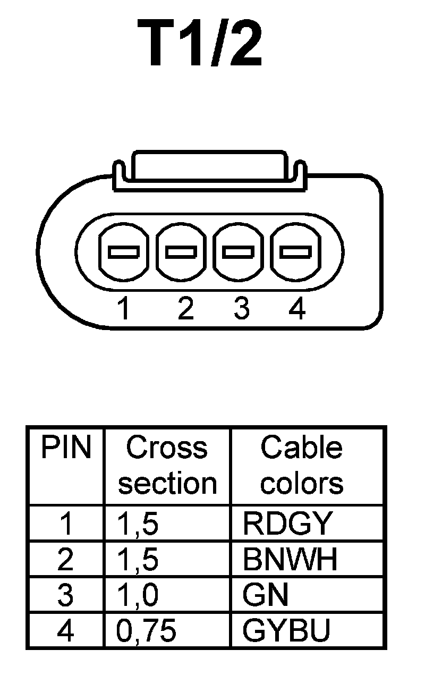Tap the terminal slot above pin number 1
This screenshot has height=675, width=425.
point(123,251)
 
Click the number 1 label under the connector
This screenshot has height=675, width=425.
point(124,308)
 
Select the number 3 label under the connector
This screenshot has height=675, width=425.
point(242,308)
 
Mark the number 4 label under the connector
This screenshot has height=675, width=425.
point(297,308)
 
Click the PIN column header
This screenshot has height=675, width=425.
point(66,448)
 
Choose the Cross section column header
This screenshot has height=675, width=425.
point(167,466)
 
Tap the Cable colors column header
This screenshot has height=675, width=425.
point(302,466)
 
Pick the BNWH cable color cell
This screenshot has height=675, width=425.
point(290,559)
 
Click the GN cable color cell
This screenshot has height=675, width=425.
point(265,595)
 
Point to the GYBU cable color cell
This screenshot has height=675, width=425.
point(286,630)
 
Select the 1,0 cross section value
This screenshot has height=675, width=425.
point(137,595)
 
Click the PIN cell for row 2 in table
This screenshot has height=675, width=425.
point(65,559)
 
